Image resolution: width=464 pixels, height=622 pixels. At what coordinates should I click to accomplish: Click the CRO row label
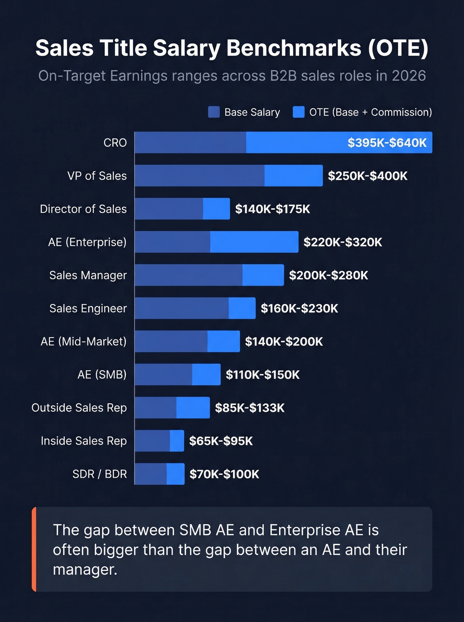point(115,143)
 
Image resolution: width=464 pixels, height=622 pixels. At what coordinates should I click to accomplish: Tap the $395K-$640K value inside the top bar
point(387,143)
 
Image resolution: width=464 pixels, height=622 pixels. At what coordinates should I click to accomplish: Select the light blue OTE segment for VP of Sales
point(293,175)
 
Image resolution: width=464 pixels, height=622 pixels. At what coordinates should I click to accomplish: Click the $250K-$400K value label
point(368,176)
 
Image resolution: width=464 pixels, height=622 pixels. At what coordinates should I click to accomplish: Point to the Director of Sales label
point(83,209)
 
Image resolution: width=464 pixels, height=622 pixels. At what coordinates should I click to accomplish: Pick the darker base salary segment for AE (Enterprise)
point(172,242)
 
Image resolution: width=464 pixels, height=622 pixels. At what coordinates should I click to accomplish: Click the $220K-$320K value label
point(343,242)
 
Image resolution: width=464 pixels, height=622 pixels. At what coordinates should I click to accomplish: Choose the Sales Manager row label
point(88,275)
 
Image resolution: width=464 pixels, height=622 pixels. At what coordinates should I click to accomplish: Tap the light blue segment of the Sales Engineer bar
point(242,308)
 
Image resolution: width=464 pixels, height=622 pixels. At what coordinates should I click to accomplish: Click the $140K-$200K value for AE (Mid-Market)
point(284,342)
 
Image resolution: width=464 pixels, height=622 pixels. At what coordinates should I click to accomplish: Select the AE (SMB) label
point(102,375)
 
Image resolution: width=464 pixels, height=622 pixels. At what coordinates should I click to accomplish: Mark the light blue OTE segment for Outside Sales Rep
point(193,407)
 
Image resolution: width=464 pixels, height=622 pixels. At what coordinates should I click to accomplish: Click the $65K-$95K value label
point(221,441)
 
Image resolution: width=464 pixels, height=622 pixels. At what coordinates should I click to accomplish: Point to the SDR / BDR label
point(99,474)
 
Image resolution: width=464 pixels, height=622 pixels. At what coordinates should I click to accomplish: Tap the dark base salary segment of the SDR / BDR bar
point(151,474)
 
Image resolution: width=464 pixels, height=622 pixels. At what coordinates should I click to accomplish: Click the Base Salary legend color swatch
point(214,112)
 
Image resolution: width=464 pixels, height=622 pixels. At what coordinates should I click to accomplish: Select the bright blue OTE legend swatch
point(299,112)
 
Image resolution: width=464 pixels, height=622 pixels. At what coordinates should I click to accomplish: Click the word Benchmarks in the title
point(294,48)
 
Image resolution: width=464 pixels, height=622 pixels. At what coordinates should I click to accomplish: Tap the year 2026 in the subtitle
point(409,76)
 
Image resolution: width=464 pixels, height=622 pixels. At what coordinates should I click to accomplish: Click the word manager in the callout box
point(85,570)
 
